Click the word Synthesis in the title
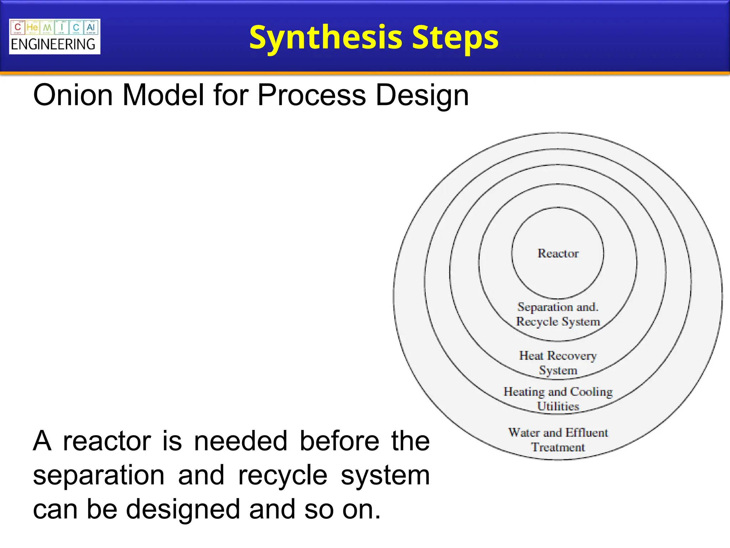(326, 38)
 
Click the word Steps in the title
(455, 38)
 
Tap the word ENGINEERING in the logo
(53, 45)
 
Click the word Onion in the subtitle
(73, 95)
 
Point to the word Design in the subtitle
(422, 95)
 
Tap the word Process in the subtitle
(312, 95)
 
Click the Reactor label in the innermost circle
(558, 253)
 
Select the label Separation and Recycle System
(558, 314)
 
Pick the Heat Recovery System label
(558, 363)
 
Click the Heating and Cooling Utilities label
(558, 399)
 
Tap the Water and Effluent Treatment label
(558, 440)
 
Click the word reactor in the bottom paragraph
(107, 441)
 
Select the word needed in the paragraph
(241, 441)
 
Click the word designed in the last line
(183, 509)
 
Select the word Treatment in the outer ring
(558, 447)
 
